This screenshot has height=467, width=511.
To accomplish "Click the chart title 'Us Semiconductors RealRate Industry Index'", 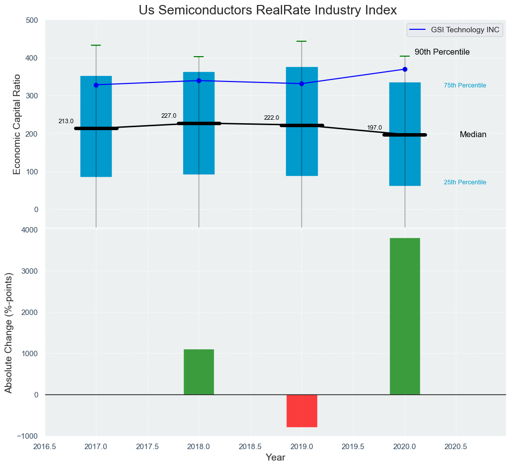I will coord(268,10).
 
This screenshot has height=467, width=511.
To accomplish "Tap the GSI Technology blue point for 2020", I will coord(405,69).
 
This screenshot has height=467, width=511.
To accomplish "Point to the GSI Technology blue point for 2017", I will coord(96,85).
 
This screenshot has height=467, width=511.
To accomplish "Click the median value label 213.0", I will coord(66,121).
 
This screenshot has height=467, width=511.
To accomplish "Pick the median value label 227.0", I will coord(169,116).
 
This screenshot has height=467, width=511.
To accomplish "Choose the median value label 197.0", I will coord(374,128).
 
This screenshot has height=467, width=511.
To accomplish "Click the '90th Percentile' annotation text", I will coord(442,52).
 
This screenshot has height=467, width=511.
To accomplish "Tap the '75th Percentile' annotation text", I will coord(465,85).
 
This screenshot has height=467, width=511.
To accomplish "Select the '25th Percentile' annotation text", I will coord(465,182).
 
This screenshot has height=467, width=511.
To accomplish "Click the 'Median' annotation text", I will coord(473,135).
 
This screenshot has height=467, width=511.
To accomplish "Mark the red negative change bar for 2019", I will coord(302,411).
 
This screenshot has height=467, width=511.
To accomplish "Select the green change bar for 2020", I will coord(405,316).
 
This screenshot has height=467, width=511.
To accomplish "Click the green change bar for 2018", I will coord(199,372).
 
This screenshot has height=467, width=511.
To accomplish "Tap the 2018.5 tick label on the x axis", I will coord(250,447).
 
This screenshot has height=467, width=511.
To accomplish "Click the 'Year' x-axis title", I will coord(275,458).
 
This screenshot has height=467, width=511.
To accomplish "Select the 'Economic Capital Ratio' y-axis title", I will coord(17,124).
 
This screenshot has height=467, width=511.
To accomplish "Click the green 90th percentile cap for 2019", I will coord(301,41).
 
